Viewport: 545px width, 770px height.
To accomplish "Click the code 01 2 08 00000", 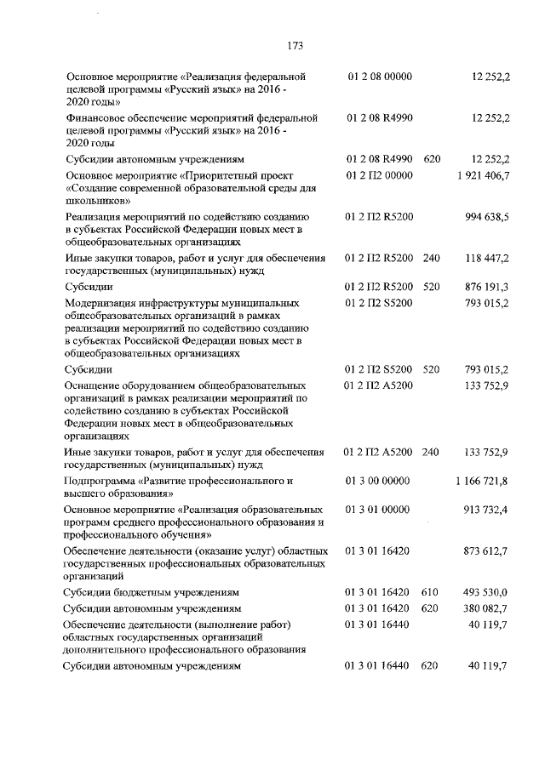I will pyautogui.click(x=380, y=77).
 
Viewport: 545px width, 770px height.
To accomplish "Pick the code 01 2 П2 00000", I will pyautogui.click(x=380, y=175).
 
